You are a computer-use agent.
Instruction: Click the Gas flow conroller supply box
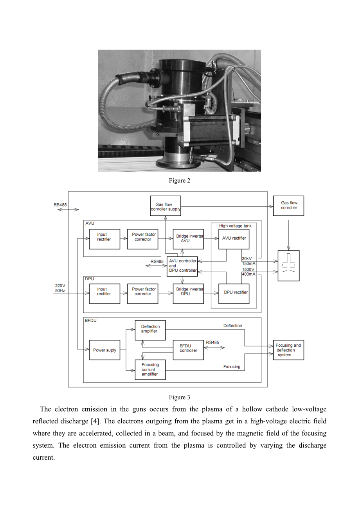pos(166,206)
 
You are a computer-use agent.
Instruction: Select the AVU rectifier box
pos(234,239)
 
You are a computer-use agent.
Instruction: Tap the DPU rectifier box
pos(234,294)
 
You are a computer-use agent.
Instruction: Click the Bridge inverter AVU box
pos(188,239)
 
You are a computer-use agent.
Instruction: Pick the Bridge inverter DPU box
pos(188,294)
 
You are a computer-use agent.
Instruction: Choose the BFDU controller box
pos(188,350)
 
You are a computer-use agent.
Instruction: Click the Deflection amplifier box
pos(150,330)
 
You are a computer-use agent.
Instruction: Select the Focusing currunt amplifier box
pos(150,370)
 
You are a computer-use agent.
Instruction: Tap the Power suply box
pos(104,350)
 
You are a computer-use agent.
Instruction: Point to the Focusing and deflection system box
pos(288,350)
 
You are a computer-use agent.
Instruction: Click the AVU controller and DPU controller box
pos(182,267)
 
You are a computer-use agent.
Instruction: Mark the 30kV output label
pos(247,258)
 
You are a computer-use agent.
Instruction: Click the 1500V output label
pos(248,269)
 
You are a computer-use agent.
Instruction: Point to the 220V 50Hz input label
pos(60,288)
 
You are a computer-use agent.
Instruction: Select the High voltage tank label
pos(235,226)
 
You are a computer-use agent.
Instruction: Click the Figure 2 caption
pos(180,181)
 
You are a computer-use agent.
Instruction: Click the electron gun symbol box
pos(288,265)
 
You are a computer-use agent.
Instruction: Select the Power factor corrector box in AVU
pos(142,239)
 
